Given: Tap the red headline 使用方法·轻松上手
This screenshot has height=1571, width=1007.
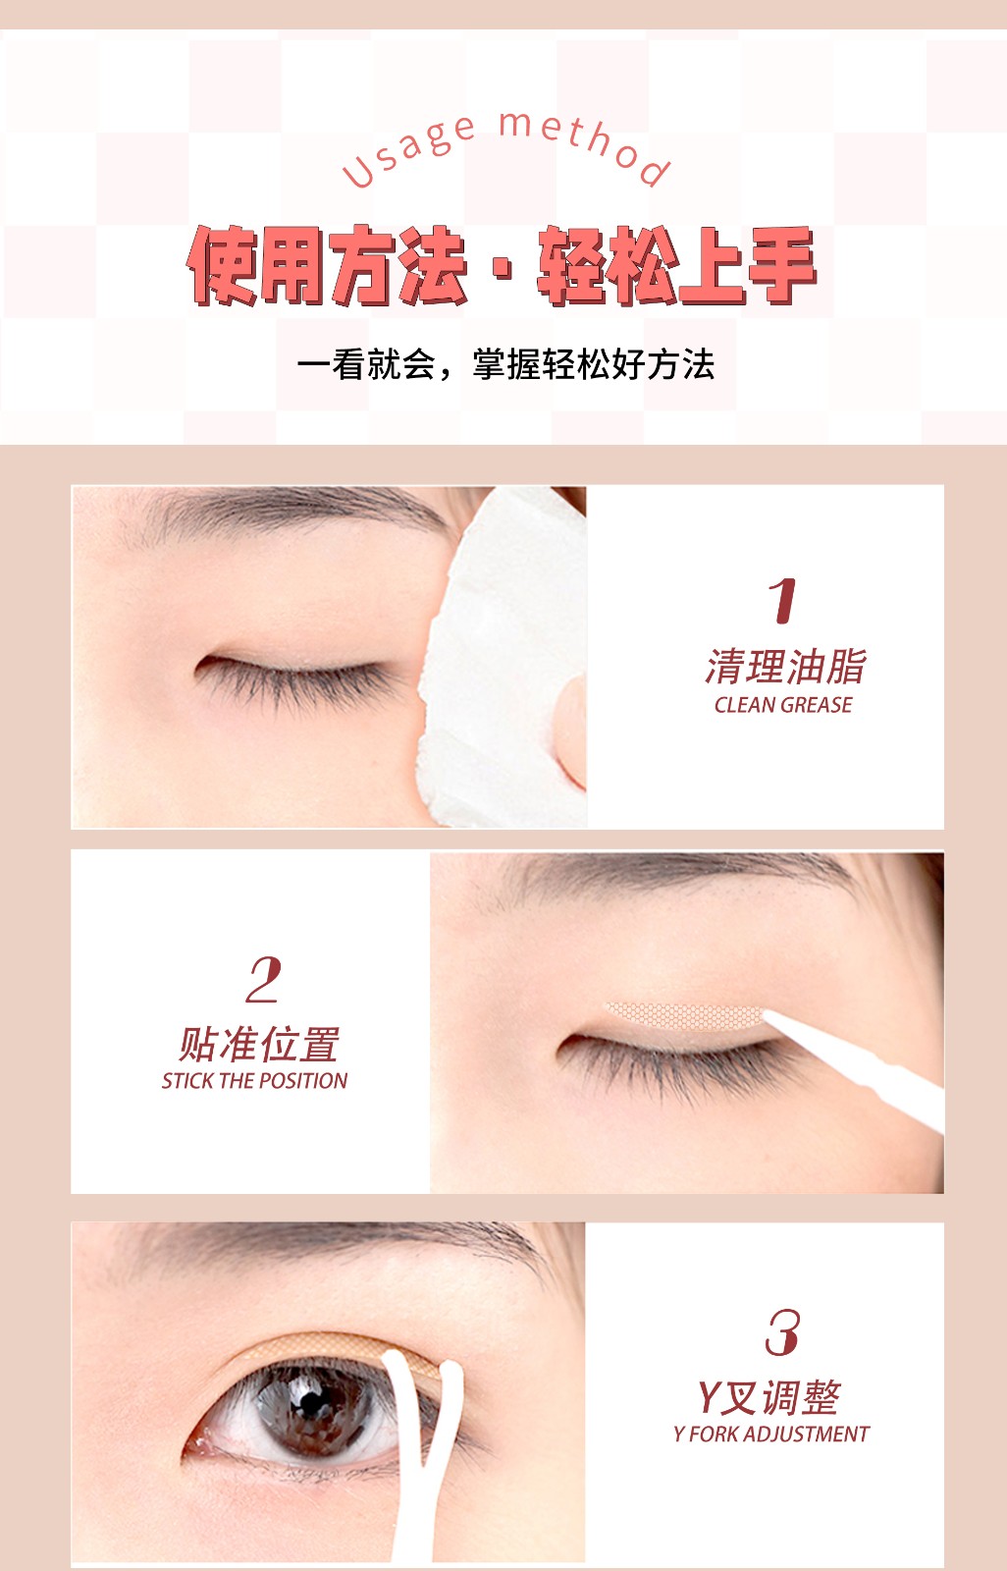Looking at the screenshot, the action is (x=503, y=265).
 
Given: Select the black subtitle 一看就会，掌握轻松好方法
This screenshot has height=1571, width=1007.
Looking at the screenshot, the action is (x=505, y=364).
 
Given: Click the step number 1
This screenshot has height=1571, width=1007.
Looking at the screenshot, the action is (x=782, y=600).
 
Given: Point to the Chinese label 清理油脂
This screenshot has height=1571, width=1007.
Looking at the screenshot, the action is (x=785, y=666).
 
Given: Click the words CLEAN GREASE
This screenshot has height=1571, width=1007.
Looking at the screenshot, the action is (x=783, y=705).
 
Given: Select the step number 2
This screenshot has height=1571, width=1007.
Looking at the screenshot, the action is (x=264, y=979).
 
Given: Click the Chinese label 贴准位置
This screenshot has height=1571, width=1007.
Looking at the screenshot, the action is (x=259, y=1045).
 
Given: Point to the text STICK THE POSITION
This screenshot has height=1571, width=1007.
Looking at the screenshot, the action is (x=254, y=1081).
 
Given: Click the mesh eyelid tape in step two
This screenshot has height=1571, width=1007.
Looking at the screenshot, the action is (x=685, y=1015).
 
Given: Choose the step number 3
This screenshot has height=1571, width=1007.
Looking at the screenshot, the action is (x=782, y=1331).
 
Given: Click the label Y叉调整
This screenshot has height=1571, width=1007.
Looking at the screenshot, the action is (x=769, y=1398).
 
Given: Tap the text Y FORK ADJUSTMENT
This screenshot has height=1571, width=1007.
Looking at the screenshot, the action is (x=771, y=1435).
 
